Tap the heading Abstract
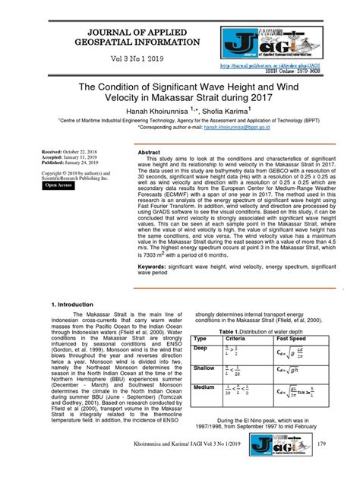(x=150, y=153)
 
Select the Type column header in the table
(x=201, y=338)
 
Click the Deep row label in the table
(x=201, y=348)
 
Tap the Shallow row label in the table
(x=204, y=368)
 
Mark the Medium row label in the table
(x=204, y=387)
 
